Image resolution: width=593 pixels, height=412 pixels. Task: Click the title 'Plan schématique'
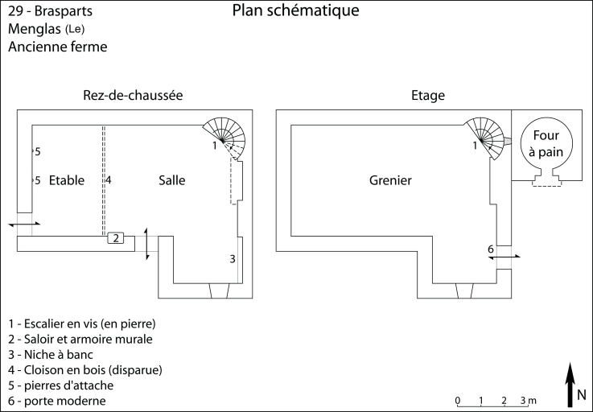coord(295,11)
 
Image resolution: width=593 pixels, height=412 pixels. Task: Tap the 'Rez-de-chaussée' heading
coord(133,95)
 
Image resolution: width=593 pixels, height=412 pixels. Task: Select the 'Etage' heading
coord(428,95)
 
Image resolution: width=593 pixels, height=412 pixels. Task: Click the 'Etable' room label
coord(66,180)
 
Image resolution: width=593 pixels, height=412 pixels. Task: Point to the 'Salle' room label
coord(171,180)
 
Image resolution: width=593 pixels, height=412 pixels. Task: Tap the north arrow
coord(570,381)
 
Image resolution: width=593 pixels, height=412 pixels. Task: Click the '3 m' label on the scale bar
coord(527,400)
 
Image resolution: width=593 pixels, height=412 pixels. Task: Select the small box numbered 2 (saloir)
coord(116,238)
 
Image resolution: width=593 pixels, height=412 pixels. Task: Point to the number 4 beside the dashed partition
coord(108,180)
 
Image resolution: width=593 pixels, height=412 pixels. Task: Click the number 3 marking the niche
coord(233,258)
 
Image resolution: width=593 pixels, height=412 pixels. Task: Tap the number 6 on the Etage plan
coord(490,249)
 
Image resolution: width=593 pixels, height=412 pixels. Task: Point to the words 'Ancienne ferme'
coord(58,47)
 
